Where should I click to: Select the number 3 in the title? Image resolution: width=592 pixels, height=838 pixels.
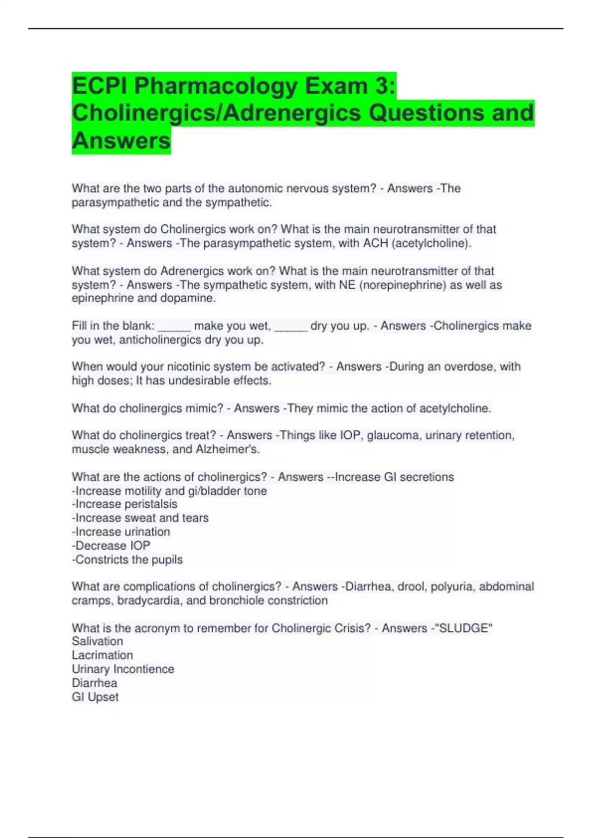coord(384,86)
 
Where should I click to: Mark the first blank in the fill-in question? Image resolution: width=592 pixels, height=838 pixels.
coord(174,326)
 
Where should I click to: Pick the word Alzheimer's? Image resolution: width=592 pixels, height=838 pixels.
coord(227,449)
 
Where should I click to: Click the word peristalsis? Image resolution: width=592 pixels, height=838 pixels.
coord(150,504)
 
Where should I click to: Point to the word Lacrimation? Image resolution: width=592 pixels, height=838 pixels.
coord(102,655)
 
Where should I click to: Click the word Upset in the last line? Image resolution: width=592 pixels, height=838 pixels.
coord(103,697)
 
